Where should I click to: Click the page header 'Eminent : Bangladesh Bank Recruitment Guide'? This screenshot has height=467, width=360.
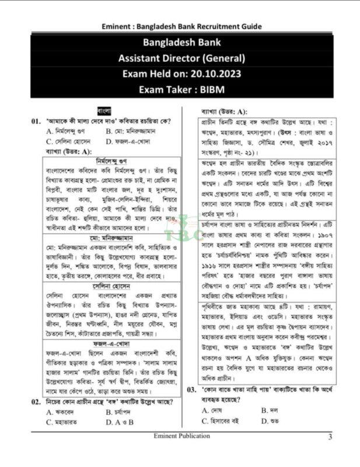click(181, 26)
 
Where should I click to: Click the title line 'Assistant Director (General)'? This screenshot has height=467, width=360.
click(181, 58)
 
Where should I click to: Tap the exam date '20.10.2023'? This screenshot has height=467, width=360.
click(213, 74)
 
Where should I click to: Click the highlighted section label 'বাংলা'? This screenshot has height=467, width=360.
click(104, 110)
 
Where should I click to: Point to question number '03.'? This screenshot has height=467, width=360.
click(191, 389)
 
